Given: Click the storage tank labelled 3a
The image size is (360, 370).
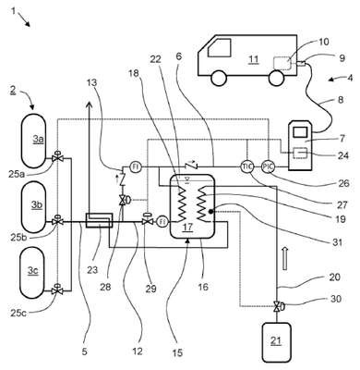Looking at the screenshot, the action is pyautogui.click(x=33, y=141).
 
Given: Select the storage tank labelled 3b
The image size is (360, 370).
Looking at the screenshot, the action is pyautogui.click(x=33, y=209).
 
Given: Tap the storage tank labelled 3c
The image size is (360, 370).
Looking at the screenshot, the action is pyautogui.click(x=32, y=272).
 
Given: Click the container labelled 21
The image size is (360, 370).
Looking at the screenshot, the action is pyautogui.click(x=276, y=342).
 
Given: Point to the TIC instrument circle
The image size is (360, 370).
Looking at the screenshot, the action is pyautogui.click(x=246, y=166).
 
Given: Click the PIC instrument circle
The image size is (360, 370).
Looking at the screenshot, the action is pyautogui.click(x=268, y=166).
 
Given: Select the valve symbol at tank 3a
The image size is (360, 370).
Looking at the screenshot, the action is pyautogui.click(x=57, y=157).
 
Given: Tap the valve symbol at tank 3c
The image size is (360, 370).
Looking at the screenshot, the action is pyautogui.click(x=56, y=290).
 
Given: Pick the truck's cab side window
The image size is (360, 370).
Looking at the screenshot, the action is pyautogui.click(x=220, y=47).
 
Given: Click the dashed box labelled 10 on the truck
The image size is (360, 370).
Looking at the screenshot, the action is pyautogui.click(x=282, y=63).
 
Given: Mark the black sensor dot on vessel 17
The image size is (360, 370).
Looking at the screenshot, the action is pyautogui.click(x=210, y=211).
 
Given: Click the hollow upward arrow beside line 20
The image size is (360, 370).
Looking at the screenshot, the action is pyautogui.click(x=285, y=258).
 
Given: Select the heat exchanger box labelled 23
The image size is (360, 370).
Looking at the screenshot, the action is pyautogui.click(x=99, y=221).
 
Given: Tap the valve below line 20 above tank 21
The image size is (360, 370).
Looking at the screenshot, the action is pyautogui.click(x=277, y=306).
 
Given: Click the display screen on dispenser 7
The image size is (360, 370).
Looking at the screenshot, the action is pyautogui.click(x=300, y=132).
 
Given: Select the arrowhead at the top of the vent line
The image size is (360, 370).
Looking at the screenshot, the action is pyautogui.click(x=90, y=105).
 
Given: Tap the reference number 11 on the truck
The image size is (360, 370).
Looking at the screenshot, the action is pyautogui.click(x=254, y=59).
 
